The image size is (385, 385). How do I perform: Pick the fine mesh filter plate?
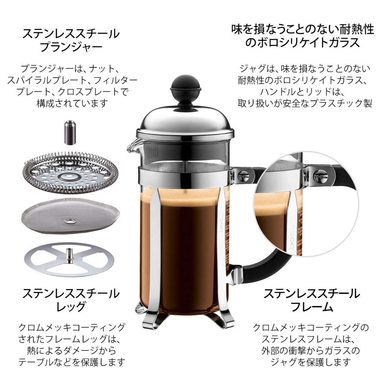point(70,214)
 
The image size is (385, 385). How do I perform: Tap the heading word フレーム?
point(312,306)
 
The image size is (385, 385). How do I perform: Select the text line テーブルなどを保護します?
point(71,362)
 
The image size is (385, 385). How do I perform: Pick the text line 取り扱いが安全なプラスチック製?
point(305,103)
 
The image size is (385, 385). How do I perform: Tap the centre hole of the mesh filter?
point(70,220)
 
